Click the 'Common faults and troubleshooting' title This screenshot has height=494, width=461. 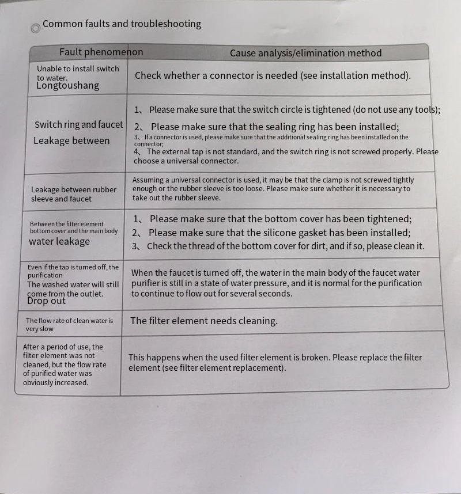(x=122, y=24)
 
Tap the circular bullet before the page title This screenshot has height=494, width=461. (x=36, y=28)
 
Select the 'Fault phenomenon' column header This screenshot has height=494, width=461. (x=101, y=52)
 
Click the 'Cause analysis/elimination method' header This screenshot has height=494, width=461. (x=305, y=54)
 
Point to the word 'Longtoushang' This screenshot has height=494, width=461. (x=67, y=86)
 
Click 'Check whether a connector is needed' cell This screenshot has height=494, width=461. (x=273, y=75)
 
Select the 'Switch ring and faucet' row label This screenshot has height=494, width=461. (x=78, y=124)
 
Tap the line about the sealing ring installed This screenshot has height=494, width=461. (x=274, y=127)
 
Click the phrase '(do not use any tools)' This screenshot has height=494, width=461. (x=397, y=109)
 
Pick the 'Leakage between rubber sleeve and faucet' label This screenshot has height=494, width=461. (x=73, y=194)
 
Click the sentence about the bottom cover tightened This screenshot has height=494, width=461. (x=280, y=219)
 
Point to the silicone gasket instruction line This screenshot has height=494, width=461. (x=279, y=233)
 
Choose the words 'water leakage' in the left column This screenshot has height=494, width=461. (x=59, y=241)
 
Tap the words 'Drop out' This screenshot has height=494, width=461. (x=46, y=301)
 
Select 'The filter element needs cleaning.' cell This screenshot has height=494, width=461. (x=204, y=321)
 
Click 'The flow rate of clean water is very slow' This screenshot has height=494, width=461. (x=69, y=325)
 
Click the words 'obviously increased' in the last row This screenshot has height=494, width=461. (x=56, y=382)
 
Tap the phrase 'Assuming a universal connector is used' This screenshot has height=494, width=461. (x=197, y=180)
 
